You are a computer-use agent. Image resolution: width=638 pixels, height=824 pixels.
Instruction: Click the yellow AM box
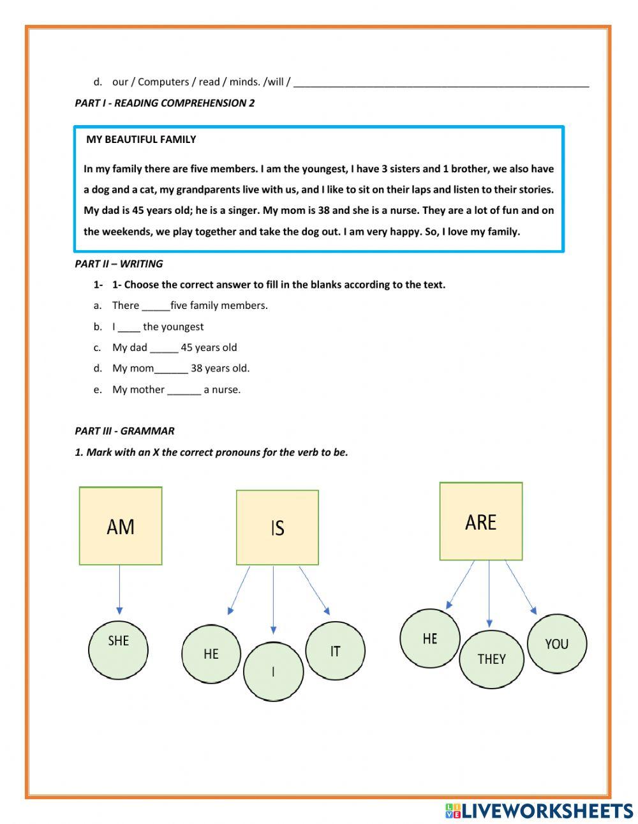click(x=121, y=526)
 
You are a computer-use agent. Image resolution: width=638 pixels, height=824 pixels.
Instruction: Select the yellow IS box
click(x=277, y=527)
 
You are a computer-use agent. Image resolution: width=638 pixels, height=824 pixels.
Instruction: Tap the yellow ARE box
click(x=480, y=521)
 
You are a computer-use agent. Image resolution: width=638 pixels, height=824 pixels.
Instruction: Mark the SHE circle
click(x=118, y=650)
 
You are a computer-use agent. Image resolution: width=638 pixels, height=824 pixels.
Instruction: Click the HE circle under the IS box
click(x=211, y=654)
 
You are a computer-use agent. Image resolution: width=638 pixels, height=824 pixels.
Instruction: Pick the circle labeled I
click(x=273, y=671)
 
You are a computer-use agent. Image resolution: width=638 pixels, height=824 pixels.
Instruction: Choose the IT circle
click(x=335, y=651)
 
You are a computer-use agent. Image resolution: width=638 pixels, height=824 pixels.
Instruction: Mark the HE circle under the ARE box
click(x=430, y=638)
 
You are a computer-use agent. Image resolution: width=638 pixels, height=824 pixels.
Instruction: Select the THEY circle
click(x=491, y=659)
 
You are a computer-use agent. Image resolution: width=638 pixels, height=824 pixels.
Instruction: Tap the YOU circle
click(x=556, y=644)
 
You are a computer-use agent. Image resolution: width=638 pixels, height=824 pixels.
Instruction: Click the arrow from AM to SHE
click(x=119, y=588)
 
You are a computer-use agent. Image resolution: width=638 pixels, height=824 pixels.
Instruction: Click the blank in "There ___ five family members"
click(x=156, y=306)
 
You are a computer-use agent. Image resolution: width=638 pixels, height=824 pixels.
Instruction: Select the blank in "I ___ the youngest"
click(x=129, y=327)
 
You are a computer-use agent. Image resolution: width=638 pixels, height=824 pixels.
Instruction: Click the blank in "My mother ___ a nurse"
click(x=184, y=390)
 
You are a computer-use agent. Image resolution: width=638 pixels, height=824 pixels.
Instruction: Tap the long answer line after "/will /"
click(x=441, y=82)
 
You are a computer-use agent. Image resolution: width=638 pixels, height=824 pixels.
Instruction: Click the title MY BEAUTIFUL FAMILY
click(x=141, y=139)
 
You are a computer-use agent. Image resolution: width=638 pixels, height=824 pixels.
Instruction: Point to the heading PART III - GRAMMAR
click(x=124, y=431)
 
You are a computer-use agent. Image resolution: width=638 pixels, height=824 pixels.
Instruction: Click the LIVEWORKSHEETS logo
click(x=538, y=811)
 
